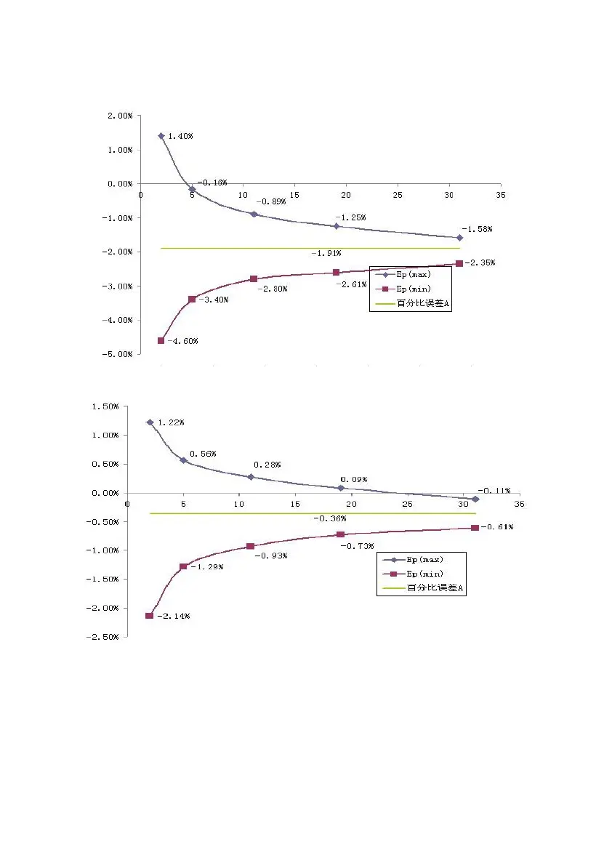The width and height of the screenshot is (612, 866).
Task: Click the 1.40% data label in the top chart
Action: click(180, 136)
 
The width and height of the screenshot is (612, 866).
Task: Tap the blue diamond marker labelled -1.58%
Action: click(459, 238)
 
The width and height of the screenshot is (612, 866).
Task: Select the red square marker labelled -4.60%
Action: click(161, 340)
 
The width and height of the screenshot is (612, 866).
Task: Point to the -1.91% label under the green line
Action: click(326, 253)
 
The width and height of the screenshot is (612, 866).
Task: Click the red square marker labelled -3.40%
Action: click(192, 299)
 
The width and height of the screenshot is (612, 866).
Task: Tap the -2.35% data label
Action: click(480, 262)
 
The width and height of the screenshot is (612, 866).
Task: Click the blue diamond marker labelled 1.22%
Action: click(150, 422)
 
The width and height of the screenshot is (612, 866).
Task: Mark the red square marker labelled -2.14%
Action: click(149, 616)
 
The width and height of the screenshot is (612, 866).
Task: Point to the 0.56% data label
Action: click(203, 454)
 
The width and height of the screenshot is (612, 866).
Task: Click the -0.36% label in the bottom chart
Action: click(329, 518)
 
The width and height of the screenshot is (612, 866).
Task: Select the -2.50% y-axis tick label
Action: click(105, 637)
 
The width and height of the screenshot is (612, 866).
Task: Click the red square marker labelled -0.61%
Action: click(475, 527)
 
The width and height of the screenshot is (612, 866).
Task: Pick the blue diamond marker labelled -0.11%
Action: click(475, 499)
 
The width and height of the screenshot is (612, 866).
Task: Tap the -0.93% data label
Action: click(270, 556)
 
